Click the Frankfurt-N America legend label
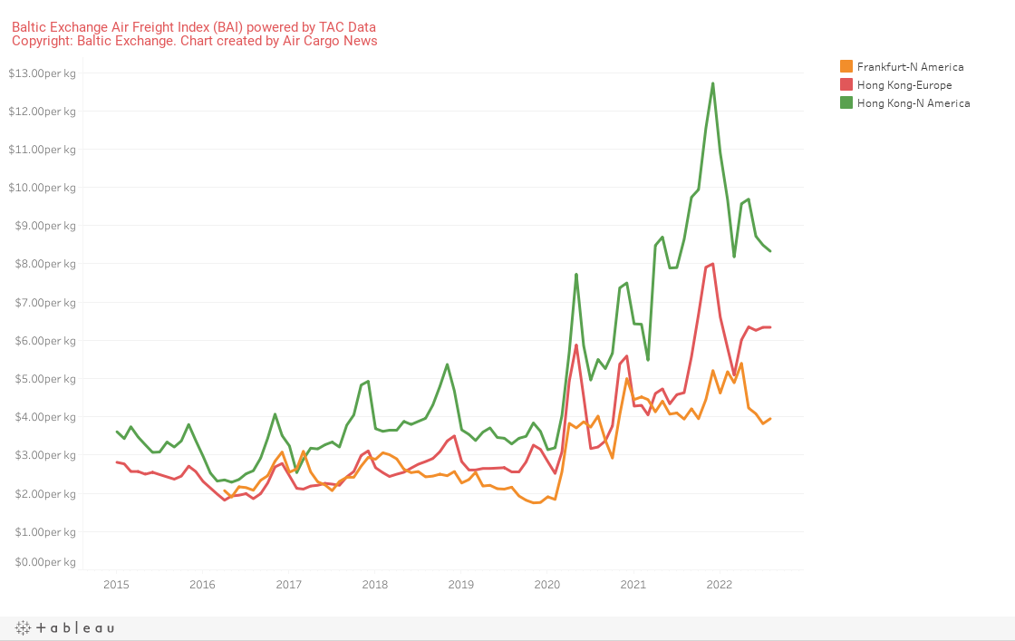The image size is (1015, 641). pyautogui.click(x=910, y=66)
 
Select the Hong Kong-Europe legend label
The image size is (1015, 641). pyautogui.click(x=904, y=84)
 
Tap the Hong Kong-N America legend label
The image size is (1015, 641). pyautogui.click(x=913, y=102)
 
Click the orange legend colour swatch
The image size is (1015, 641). pyautogui.click(x=846, y=66)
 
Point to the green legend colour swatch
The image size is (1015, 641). pyautogui.click(x=846, y=102)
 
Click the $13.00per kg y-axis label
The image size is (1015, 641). pyautogui.click(x=42, y=73)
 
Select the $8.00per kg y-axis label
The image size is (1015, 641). pyautogui.click(x=42, y=264)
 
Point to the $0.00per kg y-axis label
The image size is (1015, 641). pyautogui.click(x=42, y=562)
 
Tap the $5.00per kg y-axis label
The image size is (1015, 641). pyautogui.click(x=42, y=378)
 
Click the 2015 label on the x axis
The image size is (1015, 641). pyautogui.click(x=117, y=584)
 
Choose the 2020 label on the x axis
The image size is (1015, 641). pyautogui.click(x=547, y=584)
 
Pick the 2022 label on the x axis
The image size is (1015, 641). pyautogui.click(x=719, y=584)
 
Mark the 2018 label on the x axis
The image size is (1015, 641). pyautogui.click(x=375, y=584)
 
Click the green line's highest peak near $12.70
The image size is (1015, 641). pyautogui.click(x=713, y=83)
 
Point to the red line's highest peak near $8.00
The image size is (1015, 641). pyautogui.click(x=713, y=264)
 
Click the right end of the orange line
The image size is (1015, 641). pyautogui.click(x=770, y=418)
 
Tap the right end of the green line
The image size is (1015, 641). pyautogui.click(x=770, y=250)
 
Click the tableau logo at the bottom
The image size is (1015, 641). pyautogui.click(x=64, y=627)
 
